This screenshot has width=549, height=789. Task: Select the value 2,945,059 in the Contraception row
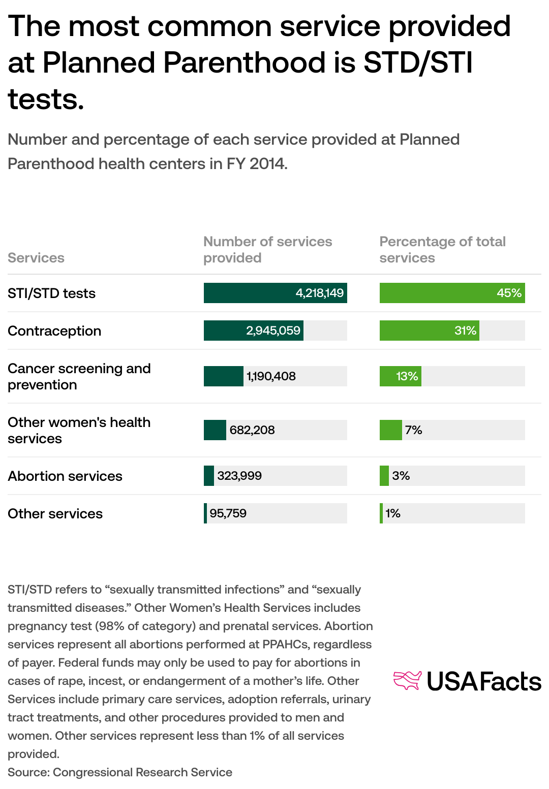tap(273, 331)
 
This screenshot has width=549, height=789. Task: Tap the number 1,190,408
tap(271, 376)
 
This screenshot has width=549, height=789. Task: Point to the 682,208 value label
tap(252, 430)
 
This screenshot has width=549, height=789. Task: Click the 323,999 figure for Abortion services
tap(239, 476)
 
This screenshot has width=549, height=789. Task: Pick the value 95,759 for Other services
tap(228, 513)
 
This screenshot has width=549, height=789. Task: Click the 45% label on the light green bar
tap(509, 293)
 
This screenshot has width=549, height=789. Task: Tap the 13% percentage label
tap(407, 376)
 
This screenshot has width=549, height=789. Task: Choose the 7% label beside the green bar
tap(413, 430)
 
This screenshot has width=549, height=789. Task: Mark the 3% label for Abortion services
tap(401, 476)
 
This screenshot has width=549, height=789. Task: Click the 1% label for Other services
tap(392, 513)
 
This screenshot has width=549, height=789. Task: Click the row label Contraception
tap(54, 331)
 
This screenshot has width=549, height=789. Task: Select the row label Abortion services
tap(65, 476)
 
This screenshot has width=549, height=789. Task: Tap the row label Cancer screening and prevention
tap(79, 377)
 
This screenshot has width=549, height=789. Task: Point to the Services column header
tap(36, 258)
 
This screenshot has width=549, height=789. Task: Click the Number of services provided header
tap(267, 250)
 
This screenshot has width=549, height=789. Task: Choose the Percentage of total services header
tap(442, 250)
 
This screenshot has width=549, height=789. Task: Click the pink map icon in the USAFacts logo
tap(408, 681)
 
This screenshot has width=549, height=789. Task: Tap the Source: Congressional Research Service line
tap(120, 772)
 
